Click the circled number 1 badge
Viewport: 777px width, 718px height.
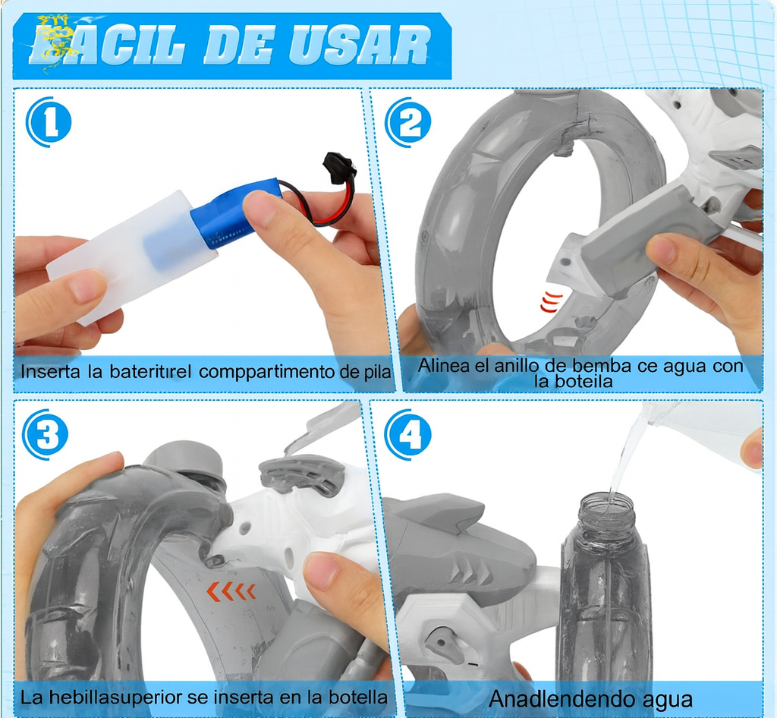coord(49,123)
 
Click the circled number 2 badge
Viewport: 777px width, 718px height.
coord(408,123)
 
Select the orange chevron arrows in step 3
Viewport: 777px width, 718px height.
coord(231,591)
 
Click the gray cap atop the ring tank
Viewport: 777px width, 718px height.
coord(184,458)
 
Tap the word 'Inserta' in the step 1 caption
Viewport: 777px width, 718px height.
coord(48,373)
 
